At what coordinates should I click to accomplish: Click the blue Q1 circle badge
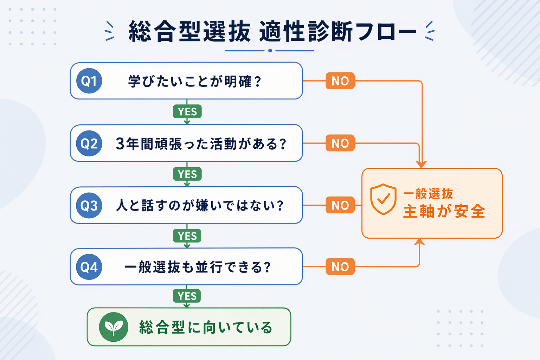tap(89, 81)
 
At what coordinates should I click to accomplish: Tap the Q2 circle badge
tap(89, 143)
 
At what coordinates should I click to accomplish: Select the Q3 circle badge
tap(89, 205)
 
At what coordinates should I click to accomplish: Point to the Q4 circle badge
tap(89, 267)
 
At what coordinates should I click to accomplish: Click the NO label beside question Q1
tap(340, 81)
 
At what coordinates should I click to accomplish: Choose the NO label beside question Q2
tap(340, 143)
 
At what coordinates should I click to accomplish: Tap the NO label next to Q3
tap(340, 205)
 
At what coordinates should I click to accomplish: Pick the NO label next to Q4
tap(340, 266)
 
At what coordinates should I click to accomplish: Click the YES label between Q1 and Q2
tap(187, 111)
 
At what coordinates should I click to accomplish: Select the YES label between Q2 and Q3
tap(187, 174)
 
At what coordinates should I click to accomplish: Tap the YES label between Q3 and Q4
tap(187, 236)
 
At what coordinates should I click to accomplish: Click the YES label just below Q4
tap(187, 296)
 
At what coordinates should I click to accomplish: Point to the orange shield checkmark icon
tap(383, 199)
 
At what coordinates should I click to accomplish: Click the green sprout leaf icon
tap(114, 327)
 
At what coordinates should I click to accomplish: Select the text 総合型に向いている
tap(206, 327)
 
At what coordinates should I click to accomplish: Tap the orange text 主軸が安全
tap(444, 211)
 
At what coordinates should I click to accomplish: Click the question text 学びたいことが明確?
tap(194, 81)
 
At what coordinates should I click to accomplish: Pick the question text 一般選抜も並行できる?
tap(198, 267)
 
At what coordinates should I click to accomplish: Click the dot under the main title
tap(270, 51)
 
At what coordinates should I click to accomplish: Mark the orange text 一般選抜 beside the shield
tap(428, 194)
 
